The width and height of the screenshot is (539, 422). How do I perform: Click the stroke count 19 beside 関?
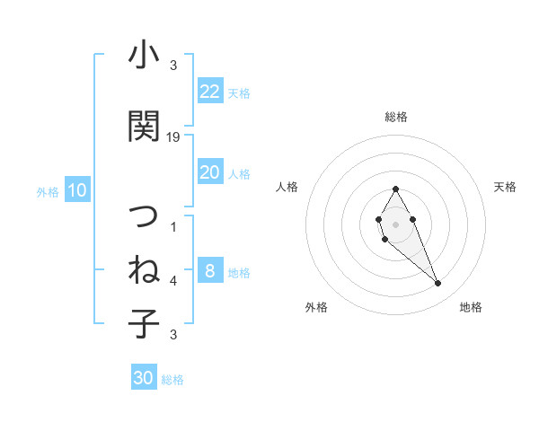pyautogui.click(x=173, y=137)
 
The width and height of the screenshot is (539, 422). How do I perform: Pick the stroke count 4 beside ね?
pyautogui.click(x=173, y=281)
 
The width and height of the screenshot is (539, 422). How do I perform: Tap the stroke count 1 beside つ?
pyautogui.click(x=173, y=227)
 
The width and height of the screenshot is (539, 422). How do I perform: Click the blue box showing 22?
pyautogui.click(x=210, y=92)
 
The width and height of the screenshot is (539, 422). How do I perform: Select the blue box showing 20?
pyautogui.click(x=210, y=172)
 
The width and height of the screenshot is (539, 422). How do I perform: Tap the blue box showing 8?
pyautogui.click(x=210, y=271)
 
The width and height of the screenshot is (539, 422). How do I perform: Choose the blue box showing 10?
pyautogui.click(x=77, y=190)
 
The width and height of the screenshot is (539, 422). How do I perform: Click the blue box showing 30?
pyautogui.click(x=144, y=378)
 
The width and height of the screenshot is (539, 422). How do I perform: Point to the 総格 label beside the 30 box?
pyautogui.click(x=172, y=380)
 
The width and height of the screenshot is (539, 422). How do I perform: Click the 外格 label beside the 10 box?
pyautogui.click(x=48, y=191)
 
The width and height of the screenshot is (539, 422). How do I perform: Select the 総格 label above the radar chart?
pyautogui.click(x=395, y=117)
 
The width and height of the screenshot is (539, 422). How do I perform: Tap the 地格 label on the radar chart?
pyautogui.click(x=471, y=307)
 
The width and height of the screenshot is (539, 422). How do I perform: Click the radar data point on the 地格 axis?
pyautogui.click(x=438, y=284)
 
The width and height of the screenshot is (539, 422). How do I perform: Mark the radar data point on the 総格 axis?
pyautogui.click(x=395, y=189)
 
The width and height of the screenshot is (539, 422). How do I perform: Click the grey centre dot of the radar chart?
pyautogui.click(x=395, y=224)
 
